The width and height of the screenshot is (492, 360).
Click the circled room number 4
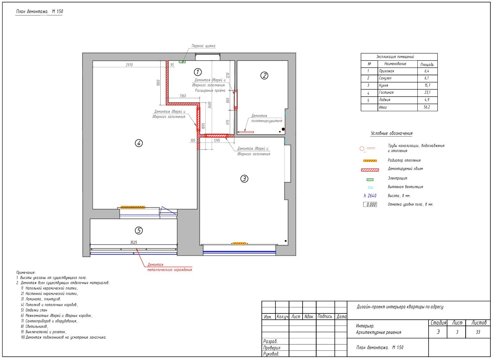139,143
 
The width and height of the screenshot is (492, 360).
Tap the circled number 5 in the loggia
139,231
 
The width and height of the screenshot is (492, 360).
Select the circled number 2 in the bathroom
264,76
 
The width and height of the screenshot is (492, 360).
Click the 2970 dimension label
129,65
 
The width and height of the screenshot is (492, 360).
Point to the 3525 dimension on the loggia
134,242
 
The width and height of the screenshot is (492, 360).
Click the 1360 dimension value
183,96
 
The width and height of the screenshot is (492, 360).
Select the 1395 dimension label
217,140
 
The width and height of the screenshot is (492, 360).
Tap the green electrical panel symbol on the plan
182,62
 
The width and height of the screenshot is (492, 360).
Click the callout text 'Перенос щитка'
203,46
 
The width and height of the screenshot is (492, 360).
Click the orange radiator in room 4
133,207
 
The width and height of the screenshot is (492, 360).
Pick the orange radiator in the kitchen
239,243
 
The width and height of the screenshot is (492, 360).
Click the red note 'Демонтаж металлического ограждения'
170,267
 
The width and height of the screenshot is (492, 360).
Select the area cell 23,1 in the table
427,92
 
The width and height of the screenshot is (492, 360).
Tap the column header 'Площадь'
427,65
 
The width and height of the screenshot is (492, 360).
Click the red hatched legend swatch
370,170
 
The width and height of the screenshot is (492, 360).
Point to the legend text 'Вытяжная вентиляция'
405,187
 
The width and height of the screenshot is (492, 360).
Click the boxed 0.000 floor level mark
370,204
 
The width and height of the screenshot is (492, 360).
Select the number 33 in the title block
478,332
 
